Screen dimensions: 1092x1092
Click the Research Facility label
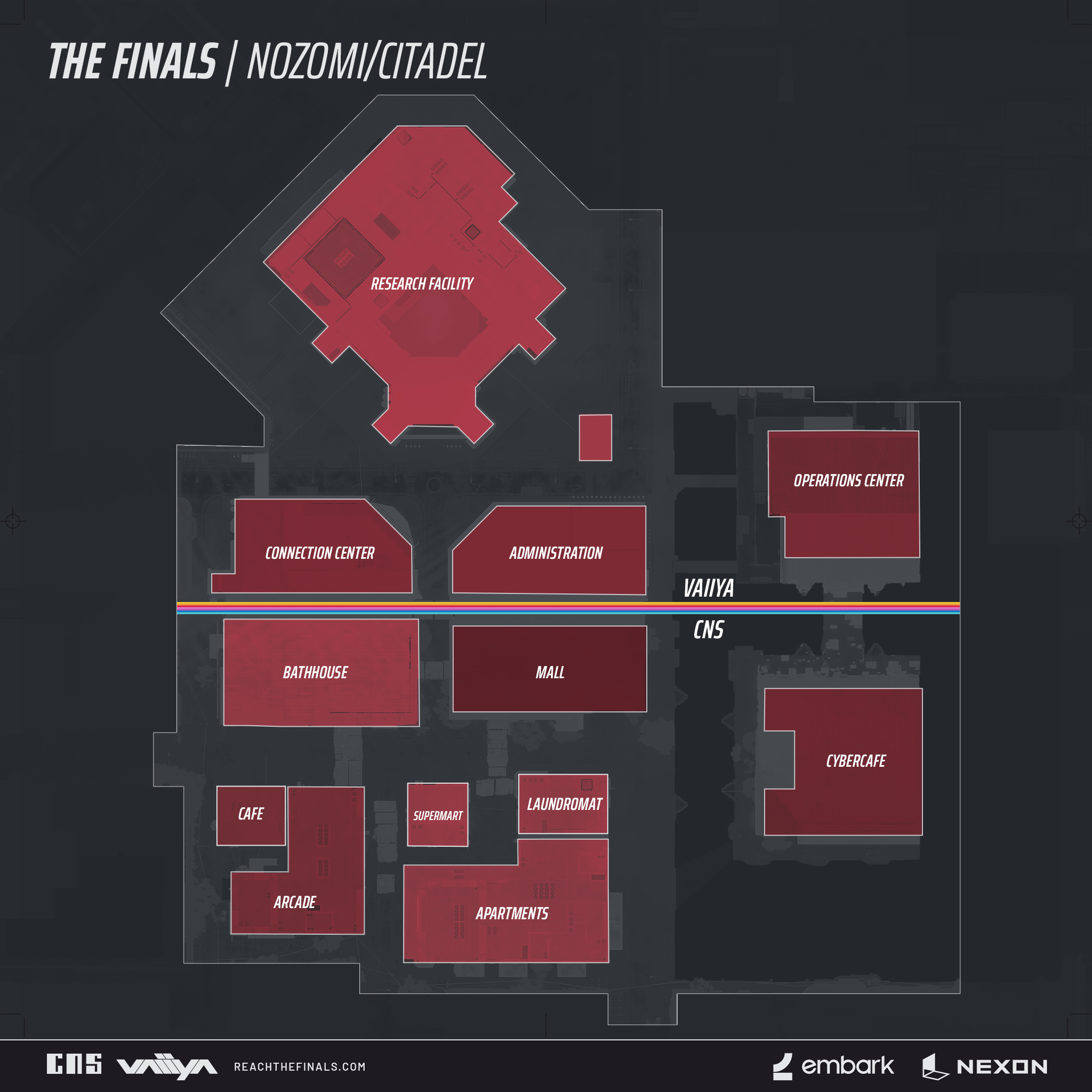pyautogui.click(x=422, y=284)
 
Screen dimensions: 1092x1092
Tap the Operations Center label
pyautogui.click(x=848, y=481)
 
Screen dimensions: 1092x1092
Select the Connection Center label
pyautogui.click(x=320, y=553)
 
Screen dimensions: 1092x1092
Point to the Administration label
pyautogui.click(x=556, y=553)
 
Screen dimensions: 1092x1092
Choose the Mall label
pyautogui.click(x=550, y=672)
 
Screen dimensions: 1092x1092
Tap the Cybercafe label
pyautogui.click(x=856, y=761)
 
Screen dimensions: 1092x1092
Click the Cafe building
pyautogui.click(x=251, y=815)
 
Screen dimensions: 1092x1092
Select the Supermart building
pyautogui.click(x=437, y=815)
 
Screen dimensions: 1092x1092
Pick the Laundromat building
pyautogui.click(x=564, y=804)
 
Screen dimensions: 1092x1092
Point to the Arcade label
pyautogui.click(x=294, y=903)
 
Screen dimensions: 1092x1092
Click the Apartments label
pyautogui.click(x=511, y=914)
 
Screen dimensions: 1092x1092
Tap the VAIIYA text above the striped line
pyautogui.click(x=708, y=589)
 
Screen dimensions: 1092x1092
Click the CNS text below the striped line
pyautogui.click(x=708, y=630)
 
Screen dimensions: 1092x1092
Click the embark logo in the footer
pyautogui.click(x=834, y=1066)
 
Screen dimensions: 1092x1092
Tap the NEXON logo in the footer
pyautogui.click(x=985, y=1066)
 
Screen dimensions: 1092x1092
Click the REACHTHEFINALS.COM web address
pyautogui.click(x=300, y=1067)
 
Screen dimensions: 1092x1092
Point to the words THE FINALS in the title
pyautogui.click(x=133, y=62)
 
